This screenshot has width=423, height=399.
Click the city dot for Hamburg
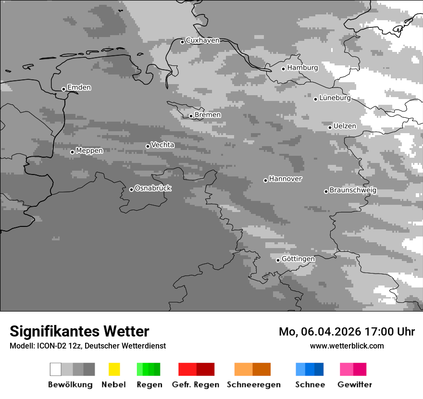(x=283, y=69)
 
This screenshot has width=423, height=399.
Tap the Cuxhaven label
(x=202, y=41)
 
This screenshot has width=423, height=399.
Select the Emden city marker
(x=63, y=89)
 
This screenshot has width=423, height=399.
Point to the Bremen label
(x=208, y=115)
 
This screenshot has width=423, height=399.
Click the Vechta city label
(x=162, y=145)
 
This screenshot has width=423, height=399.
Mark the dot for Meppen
(x=72, y=152)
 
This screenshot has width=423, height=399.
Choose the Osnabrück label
(x=153, y=188)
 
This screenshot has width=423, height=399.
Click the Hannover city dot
(x=265, y=180)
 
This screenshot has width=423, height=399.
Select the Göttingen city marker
(x=278, y=260)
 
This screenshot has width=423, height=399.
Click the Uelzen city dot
(x=330, y=127)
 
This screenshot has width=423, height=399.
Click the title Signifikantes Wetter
(x=79, y=332)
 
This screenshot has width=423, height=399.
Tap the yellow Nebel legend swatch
(x=114, y=369)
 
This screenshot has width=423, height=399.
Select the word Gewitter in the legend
(x=355, y=385)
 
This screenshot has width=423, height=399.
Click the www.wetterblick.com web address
(x=347, y=346)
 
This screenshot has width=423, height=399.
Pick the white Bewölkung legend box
(x=56, y=369)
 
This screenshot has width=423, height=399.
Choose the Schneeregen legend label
(x=253, y=385)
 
